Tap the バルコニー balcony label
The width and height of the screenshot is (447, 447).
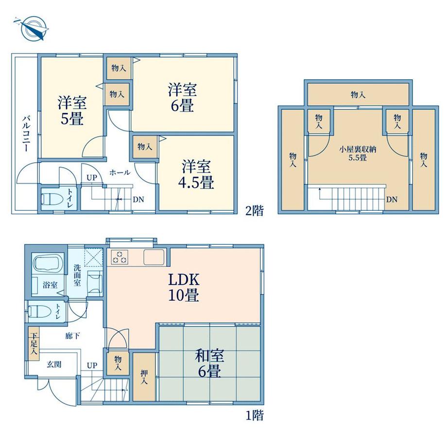click(x=27, y=133)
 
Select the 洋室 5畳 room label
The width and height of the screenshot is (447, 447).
click(x=72, y=111)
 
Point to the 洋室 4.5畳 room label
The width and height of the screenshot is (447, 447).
click(x=196, y=175)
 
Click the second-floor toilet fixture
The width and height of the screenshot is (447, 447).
click(x=52, y=198)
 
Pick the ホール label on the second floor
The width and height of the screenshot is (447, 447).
click(x=120, y=172)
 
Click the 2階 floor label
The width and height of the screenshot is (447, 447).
click(x=255, y=211)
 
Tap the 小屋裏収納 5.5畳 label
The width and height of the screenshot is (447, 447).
click(x=358, y=154)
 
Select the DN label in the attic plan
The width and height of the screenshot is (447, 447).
click(x=392, y=200)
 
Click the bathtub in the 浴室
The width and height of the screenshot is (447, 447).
click(x=46, y=262)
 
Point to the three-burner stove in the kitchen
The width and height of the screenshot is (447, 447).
click(x=120, y=256)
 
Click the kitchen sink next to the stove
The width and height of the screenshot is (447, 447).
click(x=154, y=257)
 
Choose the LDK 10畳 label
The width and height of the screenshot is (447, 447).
click(x=184, y=287)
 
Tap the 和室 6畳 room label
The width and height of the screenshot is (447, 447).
click(x=209, y=363)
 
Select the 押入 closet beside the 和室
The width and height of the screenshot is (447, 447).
click(x=144, y=377)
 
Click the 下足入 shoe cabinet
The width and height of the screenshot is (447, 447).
click(x=34, y=344)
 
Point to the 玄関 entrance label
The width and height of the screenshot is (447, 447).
click(x=54, y=364)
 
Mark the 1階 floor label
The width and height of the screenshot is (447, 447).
click(x=255, y=415)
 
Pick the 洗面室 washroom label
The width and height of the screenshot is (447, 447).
click(x=77, y=275)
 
